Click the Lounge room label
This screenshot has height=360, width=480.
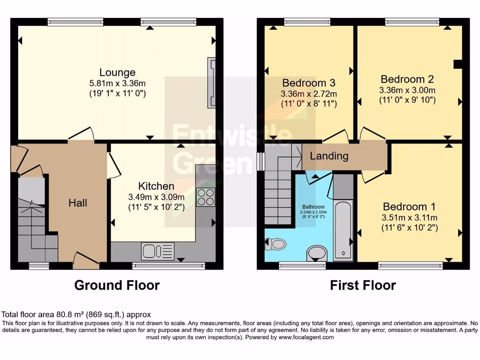pyautogui.click(x=117, y=73)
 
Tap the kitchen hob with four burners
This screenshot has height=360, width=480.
pyautogui.click(x=205, y=197)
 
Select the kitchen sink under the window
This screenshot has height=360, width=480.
pyautogui.click(x=157, y=251)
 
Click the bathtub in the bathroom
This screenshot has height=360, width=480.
pyautogui.click(x=343, y=230)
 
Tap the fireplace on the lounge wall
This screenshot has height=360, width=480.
pyautogui.click(x=212, y=83)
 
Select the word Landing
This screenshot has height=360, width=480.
pyautogui.click(x=329, y=156)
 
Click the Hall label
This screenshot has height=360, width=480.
pyautogui.click(x=78, y=203)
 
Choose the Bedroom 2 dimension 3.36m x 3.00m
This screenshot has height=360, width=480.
pyautogui.click(x=407, y=90)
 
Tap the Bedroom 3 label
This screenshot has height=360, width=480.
pyautogui.click(x=308, y=83)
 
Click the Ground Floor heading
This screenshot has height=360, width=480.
pyautogui.click(x=117, y=285)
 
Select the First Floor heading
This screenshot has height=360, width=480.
pyautogui.click(x=363, y=285)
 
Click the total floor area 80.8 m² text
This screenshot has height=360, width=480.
pyautogui.click(x=76, y=315)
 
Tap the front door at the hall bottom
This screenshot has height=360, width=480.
pyautogui.click(x=86, y=259)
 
